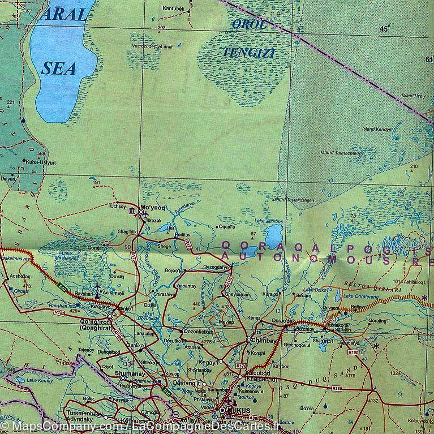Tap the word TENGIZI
pos(242,51)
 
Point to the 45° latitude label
pos(385,29)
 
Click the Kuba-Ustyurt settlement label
pos(38,161)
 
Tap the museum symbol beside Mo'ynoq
pos(132,212)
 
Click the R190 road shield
pos(354,353)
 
